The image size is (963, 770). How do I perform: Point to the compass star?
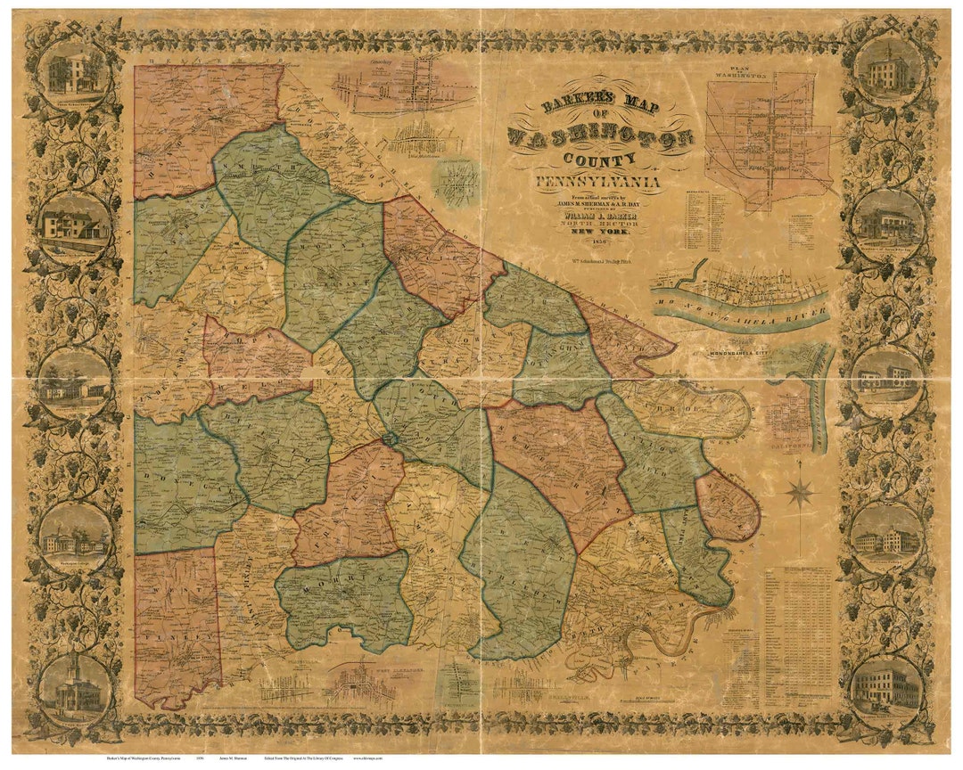click(x=801, y=491)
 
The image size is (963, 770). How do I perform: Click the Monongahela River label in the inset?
click(x=740, y=311)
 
